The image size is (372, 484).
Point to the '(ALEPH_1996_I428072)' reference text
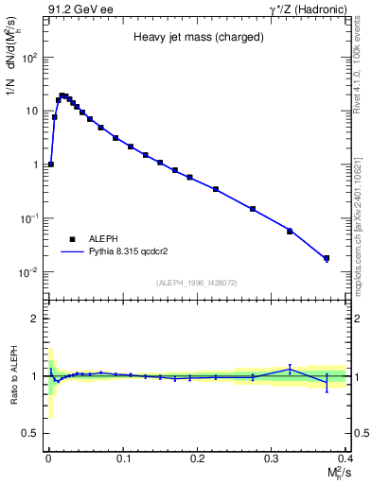pyautogui.click(x=196, y=283)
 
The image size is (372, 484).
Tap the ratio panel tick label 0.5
pyautogui.click(x=30, y=433)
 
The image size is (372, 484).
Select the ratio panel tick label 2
pyautogui.click(x=34, y=319)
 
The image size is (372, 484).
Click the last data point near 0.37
pyautogui.click(x=327, y=258)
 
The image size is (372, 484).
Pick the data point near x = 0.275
pyautogui.click(x=253, y=209)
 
